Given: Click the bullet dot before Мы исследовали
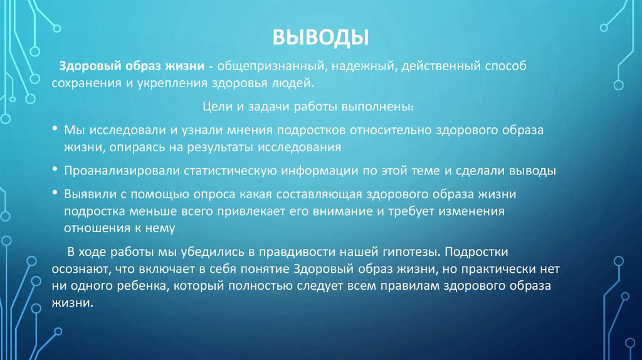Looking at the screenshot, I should pos(56,129).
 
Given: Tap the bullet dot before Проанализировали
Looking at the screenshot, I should pos(56,171).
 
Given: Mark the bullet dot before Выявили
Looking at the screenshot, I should pos(56,194).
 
